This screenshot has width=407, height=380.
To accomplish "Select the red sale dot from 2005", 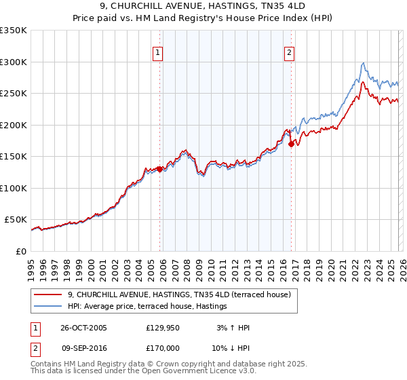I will [x=160, y=169].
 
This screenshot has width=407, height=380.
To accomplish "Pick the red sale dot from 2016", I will [x=291, y=144].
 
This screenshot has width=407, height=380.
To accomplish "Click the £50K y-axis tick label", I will [x=16, y=220].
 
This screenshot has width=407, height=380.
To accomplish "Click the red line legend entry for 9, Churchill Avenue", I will [x=179, y=294].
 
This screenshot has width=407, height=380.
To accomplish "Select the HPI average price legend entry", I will [x=147, y=307].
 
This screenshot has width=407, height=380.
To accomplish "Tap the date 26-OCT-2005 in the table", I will [x=83, y=328].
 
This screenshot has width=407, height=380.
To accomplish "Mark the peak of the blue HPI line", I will [x=364, y=62].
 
